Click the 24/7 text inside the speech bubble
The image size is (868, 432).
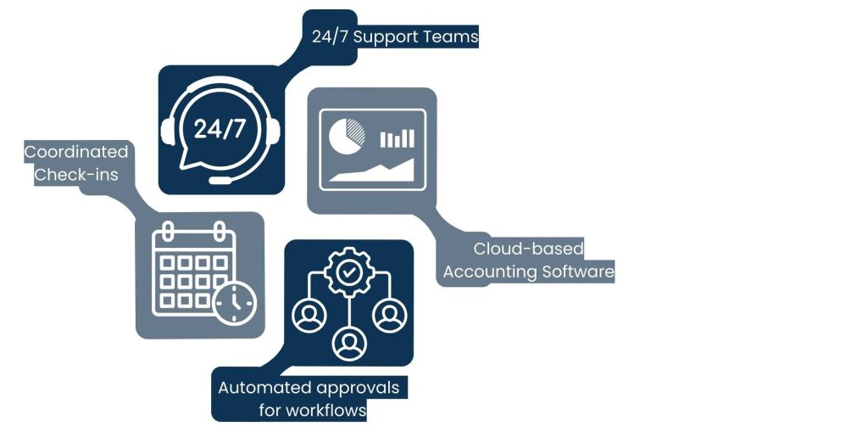[x=220, y=128]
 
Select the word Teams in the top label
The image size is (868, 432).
[x=450, y=36]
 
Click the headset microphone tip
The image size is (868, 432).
[x=220, y=180]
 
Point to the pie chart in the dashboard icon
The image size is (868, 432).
[x=347, y=136]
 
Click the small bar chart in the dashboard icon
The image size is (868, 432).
[x=397, y=138]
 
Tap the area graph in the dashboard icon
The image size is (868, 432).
[x=371, y=171]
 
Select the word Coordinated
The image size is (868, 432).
[x=75, y=151]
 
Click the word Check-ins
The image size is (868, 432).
[x=75, y=175]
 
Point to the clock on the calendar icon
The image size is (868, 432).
[x=236, y=303]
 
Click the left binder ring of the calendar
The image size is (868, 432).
[x=169, y=231]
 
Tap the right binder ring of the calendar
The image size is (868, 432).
[x=220, y=231]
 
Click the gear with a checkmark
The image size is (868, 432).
[x=348, y=272]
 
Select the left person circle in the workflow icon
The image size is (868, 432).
[x=309, y=315]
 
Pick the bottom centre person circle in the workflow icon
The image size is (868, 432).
[x=349, y=343]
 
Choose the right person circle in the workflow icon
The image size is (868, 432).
[x=390, y=315]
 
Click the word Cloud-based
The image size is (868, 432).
[x=529, y=249]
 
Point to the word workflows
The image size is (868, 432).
[x=326, y=411]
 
